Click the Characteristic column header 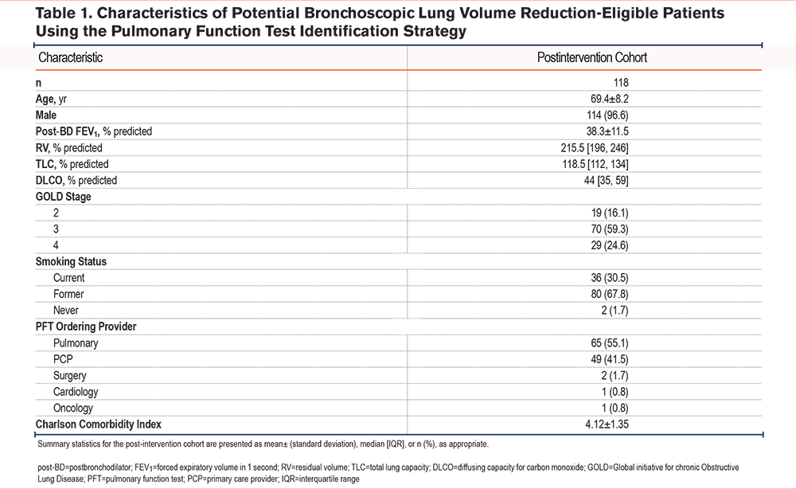[x=71, y=57]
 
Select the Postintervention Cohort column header [x=592, y=57]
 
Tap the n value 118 [x=621, y=82]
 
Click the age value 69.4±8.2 [x=609, y=99]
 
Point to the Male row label [x=45, y=115]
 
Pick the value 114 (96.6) [x=607, y=115]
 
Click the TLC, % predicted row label [x=72, y=164]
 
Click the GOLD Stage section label [x=63, y=197]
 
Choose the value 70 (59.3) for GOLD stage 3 [x=609, y=229]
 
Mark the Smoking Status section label [x=71, y=261]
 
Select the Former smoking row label [x=68, y=294]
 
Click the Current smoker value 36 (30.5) [x=609, y=278]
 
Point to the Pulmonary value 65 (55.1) [x=609, y=342]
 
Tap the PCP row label [x=63, y=359]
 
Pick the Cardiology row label [x=76, y=392]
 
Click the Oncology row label [x=73, y=408]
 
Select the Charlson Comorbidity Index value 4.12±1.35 [x=607, y=424]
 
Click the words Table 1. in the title [x=64, y=13]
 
